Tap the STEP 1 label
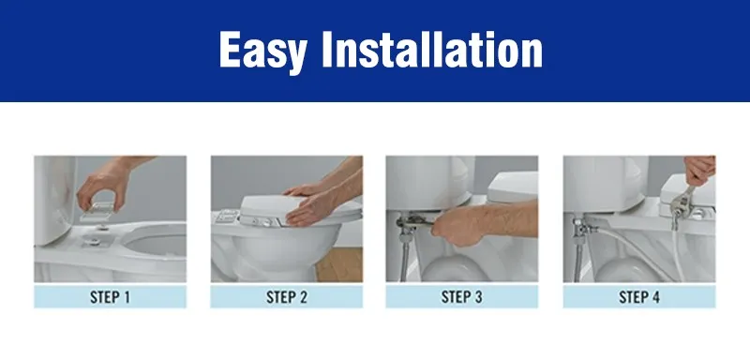pyautogui.click(x=110, y=298)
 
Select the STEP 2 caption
pyautogui.click(x=286, y=298)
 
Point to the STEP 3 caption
pyautogui.click(x=462, y=298)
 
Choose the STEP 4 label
pyautogui.click(x=638, y=298)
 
